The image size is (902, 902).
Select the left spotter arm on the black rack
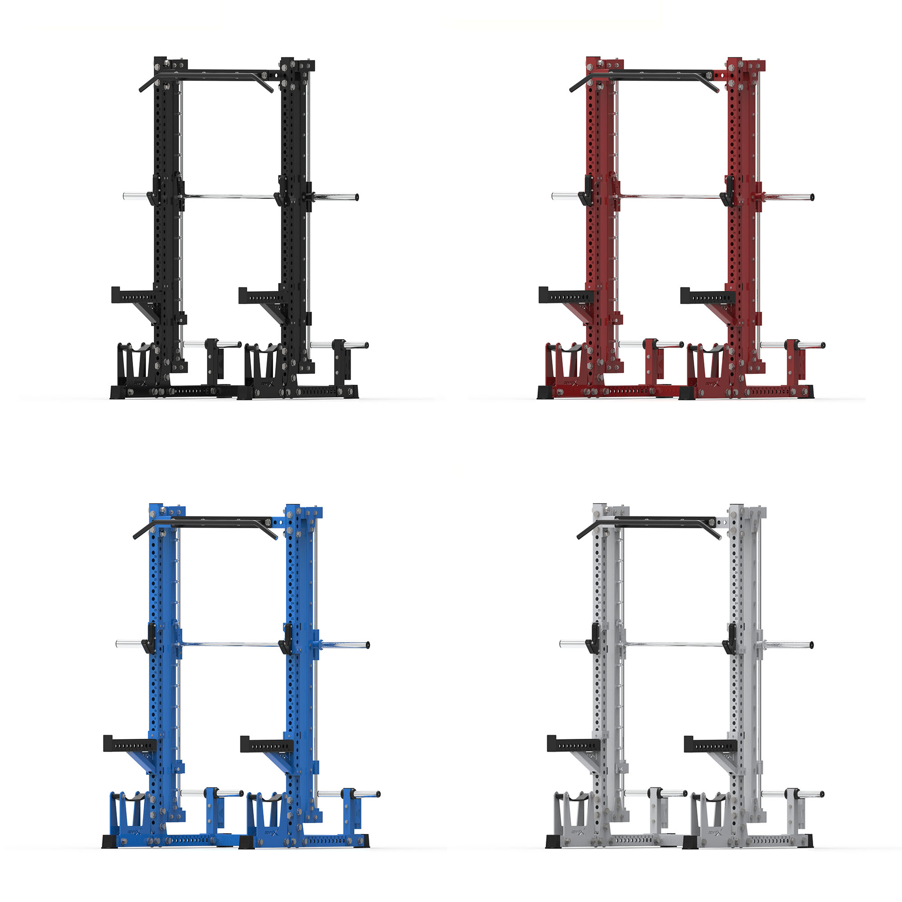pos(135,295)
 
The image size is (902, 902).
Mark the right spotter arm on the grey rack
pos(709,744)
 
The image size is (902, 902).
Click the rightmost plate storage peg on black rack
pos(357,345)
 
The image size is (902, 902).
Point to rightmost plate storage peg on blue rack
pos(369,794)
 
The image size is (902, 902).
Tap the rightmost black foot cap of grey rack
pos(808,841)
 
